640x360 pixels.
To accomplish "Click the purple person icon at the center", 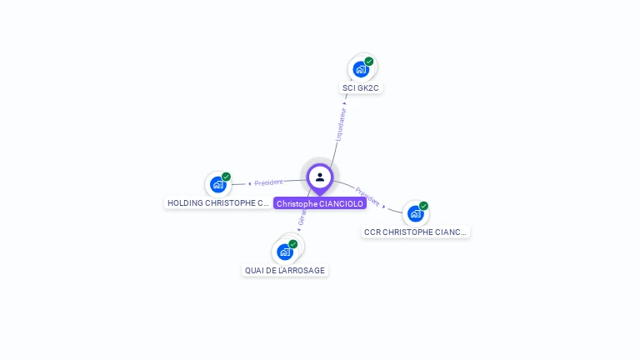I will pyautogui.click(x=320, y=177).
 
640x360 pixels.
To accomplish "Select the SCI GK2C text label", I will pyautogui.click(x=361, y=87).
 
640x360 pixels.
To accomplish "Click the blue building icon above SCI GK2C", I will pyautogui.click(x=360, y=69).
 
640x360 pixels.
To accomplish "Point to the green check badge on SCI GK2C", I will pyautogui.click(x=369, y=61).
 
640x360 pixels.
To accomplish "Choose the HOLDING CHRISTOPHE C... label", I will pyautogui.click(x=218, y=202).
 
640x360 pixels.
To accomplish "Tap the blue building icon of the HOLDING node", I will pyautogui.click(x=218, y=184).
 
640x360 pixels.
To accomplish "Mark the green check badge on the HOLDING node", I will pyautogui.click(x=226, y=177).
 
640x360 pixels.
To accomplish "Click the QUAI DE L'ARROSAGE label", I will pyautogui.click(x=285, y=270).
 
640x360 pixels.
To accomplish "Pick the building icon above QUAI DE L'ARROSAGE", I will pyautogui.click(x=285, y=252).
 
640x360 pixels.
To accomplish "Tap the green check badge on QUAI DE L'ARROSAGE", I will pyautogui.click(x=293, y=244).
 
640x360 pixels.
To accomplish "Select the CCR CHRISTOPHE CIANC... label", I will pyautogui.click(x=416, y=232).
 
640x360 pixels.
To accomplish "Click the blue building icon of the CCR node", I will pyautogui.click(x=416, y=213).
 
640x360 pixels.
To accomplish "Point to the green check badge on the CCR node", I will pyautogui.click(x=423, y=206).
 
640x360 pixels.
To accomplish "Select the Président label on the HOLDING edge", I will pyautogui.click(x=269, y=182).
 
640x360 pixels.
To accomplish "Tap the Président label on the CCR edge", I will pyautogui.click(x=367, y=197).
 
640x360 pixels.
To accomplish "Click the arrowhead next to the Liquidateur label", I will pyautogui.click(x=345, y=104).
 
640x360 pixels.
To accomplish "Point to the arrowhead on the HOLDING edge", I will pyautogui.click(x=249, y=183).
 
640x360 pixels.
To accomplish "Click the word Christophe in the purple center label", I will pyautogui.click(x=297, y=204).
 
